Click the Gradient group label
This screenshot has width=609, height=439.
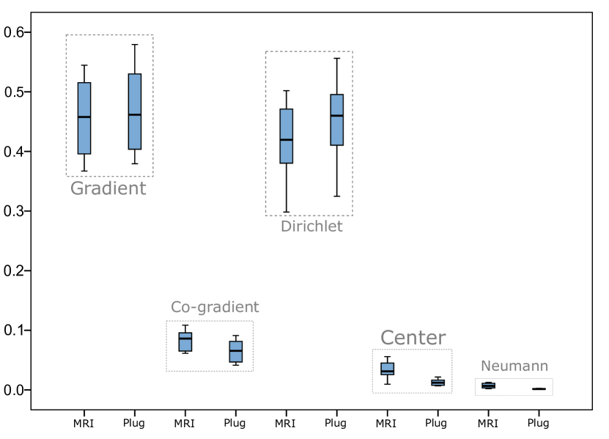108,189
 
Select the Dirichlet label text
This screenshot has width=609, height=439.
311,227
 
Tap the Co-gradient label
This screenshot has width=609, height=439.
215,308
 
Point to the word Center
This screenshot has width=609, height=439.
413,338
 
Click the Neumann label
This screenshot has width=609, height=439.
514,366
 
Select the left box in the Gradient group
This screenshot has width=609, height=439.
84,118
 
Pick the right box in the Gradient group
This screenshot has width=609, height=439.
135,111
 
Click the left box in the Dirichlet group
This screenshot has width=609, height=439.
287,136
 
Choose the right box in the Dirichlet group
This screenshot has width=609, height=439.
337,119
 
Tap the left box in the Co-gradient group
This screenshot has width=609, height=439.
185,342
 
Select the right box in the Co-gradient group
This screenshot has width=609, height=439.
236,352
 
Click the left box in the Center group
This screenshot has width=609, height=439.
388,369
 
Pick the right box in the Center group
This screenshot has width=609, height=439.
438,383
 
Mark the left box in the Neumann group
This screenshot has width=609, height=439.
488,385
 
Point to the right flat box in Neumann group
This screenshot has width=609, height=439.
539,389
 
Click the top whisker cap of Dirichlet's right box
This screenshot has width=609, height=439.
337,58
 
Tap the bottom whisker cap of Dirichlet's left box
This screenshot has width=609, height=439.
287,212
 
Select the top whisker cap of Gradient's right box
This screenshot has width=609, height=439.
135,44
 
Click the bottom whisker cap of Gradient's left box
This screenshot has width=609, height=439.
84,171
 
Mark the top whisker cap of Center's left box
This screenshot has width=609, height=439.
388,357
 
